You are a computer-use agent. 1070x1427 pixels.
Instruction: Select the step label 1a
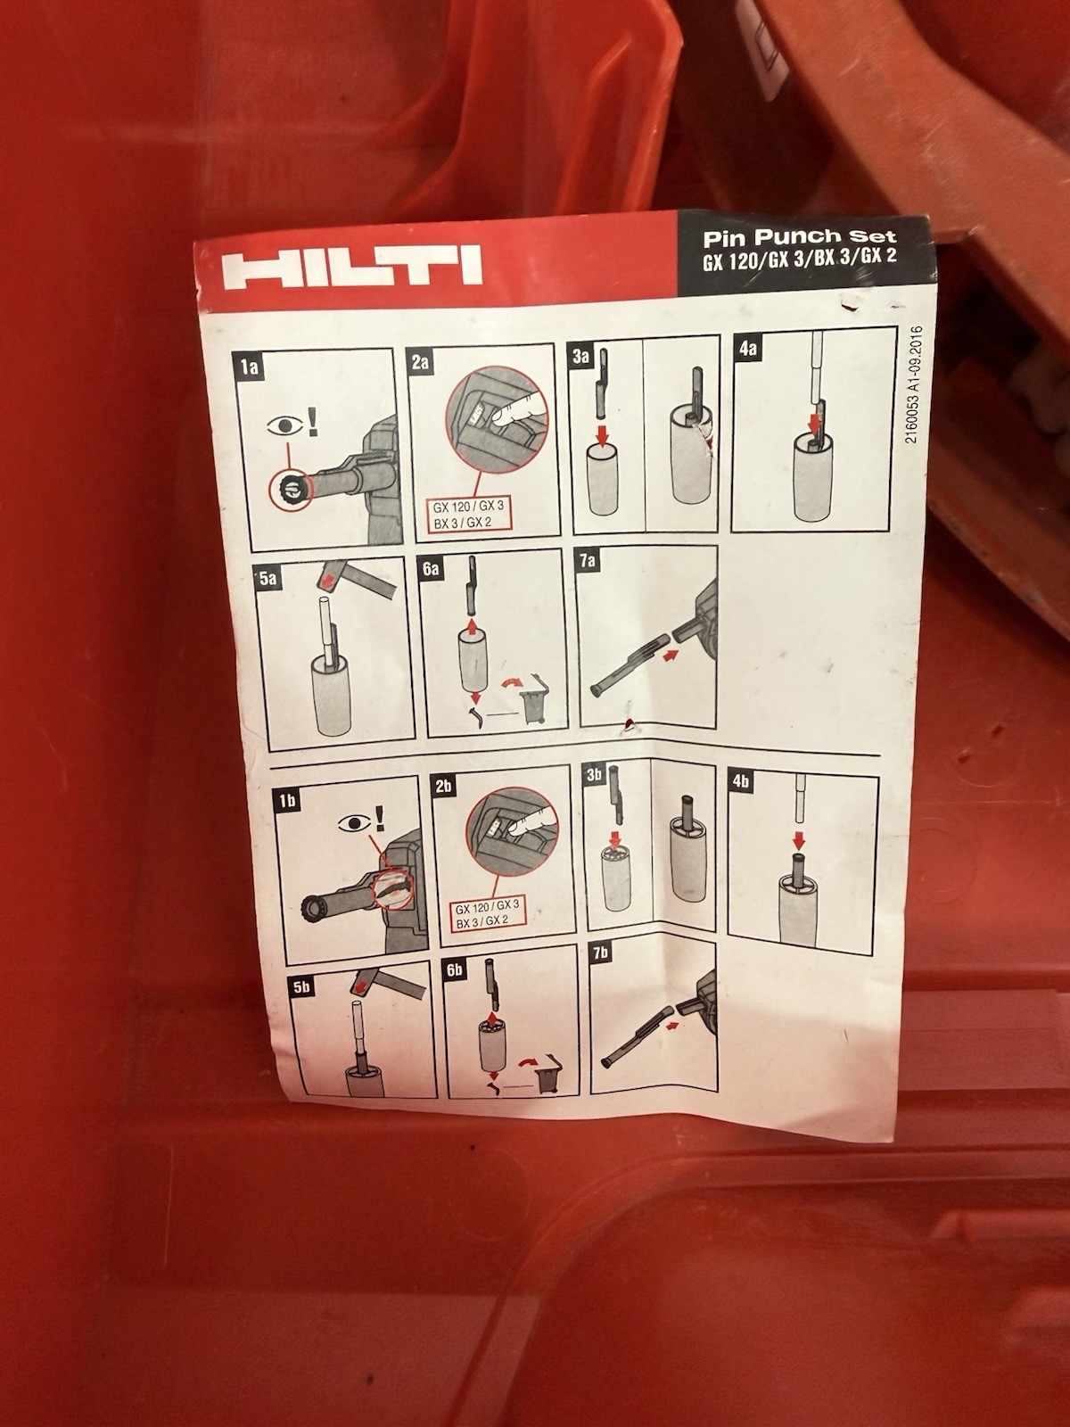249,367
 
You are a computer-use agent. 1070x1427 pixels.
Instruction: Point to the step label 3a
580,357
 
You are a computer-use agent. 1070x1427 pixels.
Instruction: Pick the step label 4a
747,349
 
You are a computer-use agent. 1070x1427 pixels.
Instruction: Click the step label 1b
286,800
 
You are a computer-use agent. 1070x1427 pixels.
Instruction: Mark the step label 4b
741,782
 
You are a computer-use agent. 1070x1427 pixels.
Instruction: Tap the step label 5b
300,986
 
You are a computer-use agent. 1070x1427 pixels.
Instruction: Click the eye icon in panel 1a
284,425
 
